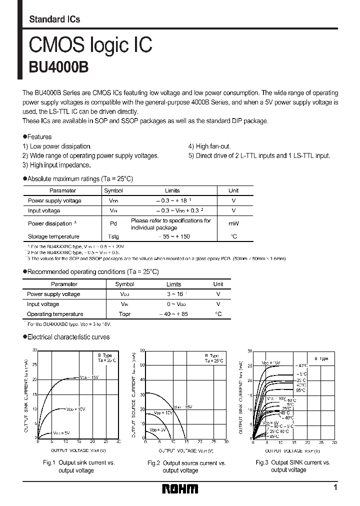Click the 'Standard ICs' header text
click(x=54, y=19)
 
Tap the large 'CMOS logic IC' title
click(x=90, y=45)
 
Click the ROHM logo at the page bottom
click(x=180, y=488)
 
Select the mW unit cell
click(x=233, y=224)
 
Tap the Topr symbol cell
click(x=124, y=314)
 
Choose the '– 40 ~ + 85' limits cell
click(x=174, y=314)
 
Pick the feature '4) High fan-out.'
click(x=209, y=146)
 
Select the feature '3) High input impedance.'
click(x=56, y=164)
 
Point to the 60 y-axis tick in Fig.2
click(x=142, y=350)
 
